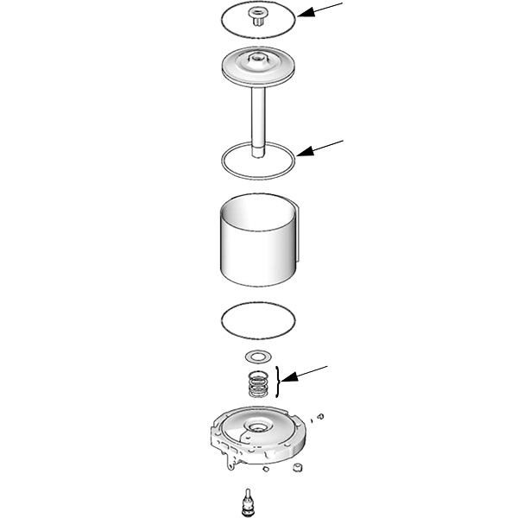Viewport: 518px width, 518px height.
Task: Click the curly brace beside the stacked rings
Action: tap(276, 381)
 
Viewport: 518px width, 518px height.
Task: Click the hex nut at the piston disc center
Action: tap(256, 60)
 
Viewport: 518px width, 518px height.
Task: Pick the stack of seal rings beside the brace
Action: tap(257, 382)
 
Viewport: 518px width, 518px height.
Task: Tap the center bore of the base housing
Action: tap(258, 429)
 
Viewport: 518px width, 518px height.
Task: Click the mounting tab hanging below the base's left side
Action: tap(229, 466)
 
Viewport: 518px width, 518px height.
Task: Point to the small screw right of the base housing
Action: tap(320, 417)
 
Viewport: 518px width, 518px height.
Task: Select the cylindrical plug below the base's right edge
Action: tap(299, 468)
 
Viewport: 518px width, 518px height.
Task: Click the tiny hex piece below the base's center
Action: tap(267, 471)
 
